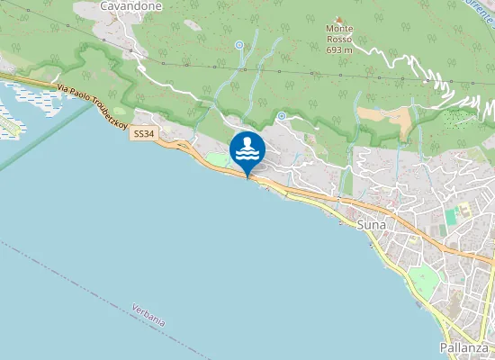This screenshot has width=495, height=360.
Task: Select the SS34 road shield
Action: click(x=142, y=134)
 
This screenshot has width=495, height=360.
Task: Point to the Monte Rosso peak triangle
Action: click(x=339, y=19)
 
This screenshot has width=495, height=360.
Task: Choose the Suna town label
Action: click(x=372, y=224)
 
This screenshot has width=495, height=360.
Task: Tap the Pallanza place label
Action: click(x=464, y=346)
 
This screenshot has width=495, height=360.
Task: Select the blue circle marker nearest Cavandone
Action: click(x=239, y=44)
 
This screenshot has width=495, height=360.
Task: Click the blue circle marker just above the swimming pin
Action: click(x=282, y=116)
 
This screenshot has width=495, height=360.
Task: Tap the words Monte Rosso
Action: click(x=339, y=34)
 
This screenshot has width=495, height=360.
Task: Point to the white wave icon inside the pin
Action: click(x=247, y=156)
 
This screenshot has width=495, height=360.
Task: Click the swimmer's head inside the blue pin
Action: click(x=247, y=142)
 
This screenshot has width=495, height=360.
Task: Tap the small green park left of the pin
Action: click(x=216, y=160)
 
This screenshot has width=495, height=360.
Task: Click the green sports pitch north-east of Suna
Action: click(x=452, y=217)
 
